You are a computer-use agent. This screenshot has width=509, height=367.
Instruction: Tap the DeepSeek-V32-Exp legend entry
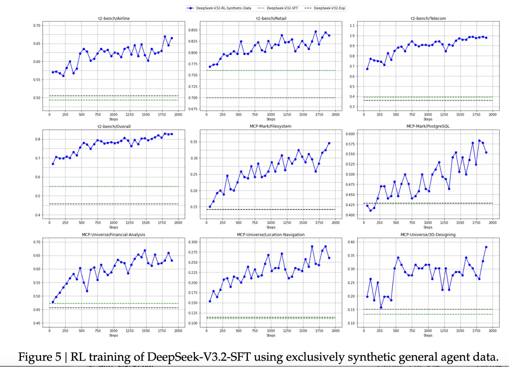[329, 8]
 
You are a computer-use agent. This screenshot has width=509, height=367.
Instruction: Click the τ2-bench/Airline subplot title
[113, 18]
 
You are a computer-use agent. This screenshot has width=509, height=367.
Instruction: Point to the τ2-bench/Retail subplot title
[271, 18]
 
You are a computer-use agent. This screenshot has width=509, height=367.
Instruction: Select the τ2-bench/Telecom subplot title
[428, 18]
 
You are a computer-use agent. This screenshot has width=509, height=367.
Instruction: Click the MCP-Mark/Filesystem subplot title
[270, 126]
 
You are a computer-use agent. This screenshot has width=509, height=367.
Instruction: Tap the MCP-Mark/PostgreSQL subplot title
[428, 126]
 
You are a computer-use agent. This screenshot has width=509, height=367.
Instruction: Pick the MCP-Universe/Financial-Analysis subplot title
[113, 234]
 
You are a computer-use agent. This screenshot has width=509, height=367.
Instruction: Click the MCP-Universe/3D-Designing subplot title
[428, 234]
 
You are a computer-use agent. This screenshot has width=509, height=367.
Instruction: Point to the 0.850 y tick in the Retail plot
[193, 30]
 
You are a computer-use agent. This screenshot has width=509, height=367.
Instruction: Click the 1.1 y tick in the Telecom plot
[352, 25]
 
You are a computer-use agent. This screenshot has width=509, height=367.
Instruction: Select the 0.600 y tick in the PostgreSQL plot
[350, 134]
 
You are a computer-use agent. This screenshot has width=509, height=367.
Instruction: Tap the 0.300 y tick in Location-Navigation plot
[193, 242]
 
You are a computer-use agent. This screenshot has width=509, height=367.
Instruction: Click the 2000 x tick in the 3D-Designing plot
[492, 331]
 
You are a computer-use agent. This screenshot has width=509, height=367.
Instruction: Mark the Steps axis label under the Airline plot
[113, 119]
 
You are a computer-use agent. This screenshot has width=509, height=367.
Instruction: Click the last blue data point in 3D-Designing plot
[486, 247]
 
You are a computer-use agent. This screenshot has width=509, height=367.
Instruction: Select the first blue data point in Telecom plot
[367, 69]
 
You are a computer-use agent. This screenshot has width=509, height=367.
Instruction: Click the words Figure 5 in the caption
[39, 357]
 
